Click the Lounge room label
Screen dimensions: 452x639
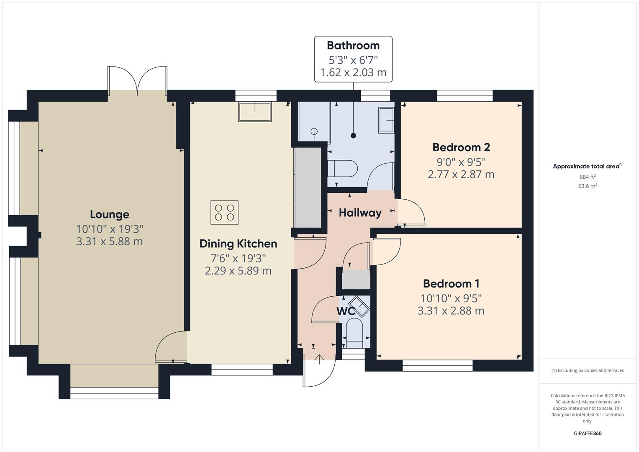(x=109, y=214)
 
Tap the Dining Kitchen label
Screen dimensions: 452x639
(x=238, y=244)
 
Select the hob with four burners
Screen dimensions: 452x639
(x=224, y=212)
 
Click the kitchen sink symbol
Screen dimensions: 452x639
(x=254, y=112)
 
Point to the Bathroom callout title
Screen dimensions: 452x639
(x=353, y=45)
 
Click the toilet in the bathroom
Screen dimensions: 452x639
(x=342, y=169)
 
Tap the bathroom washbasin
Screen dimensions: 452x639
(x=386, y=120)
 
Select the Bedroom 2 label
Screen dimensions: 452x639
(x=461, y=147)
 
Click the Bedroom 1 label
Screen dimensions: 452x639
(x=451, y=284)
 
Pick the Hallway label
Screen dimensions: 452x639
(x=360, y=213)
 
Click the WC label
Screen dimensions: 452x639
(x=346, y=311)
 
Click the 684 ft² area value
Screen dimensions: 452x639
(x=588, y=177)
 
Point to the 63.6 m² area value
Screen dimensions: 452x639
(x=588, y=186)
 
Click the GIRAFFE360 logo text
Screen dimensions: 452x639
(x=588, y=433)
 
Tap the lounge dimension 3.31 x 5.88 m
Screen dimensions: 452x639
(x=109, y=241)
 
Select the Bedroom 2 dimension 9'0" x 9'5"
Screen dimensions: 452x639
(x=461, y=162)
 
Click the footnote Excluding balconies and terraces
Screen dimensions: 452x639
(x=588, y=370)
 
